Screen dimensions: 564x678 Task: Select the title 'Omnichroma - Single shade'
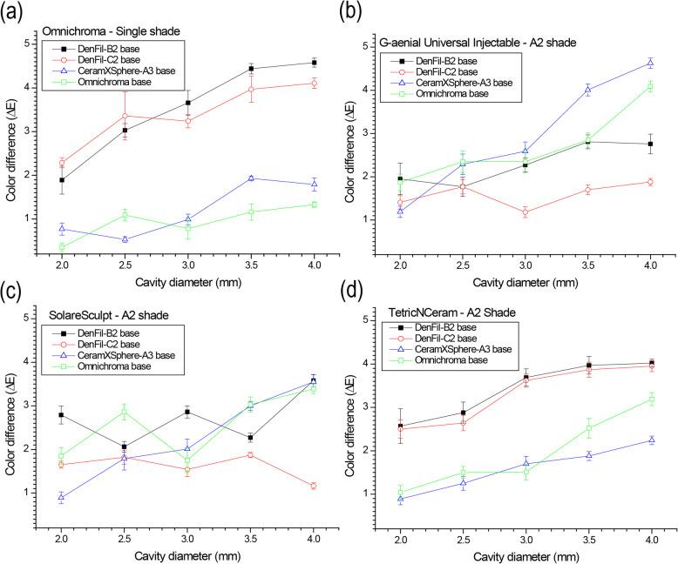tap(110, 32)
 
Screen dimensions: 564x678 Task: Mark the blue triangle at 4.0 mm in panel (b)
tap(650, 63)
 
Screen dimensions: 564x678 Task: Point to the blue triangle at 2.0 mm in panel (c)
tap(61, 497)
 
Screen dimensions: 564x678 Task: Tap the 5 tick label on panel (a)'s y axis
tap(29, 43)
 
